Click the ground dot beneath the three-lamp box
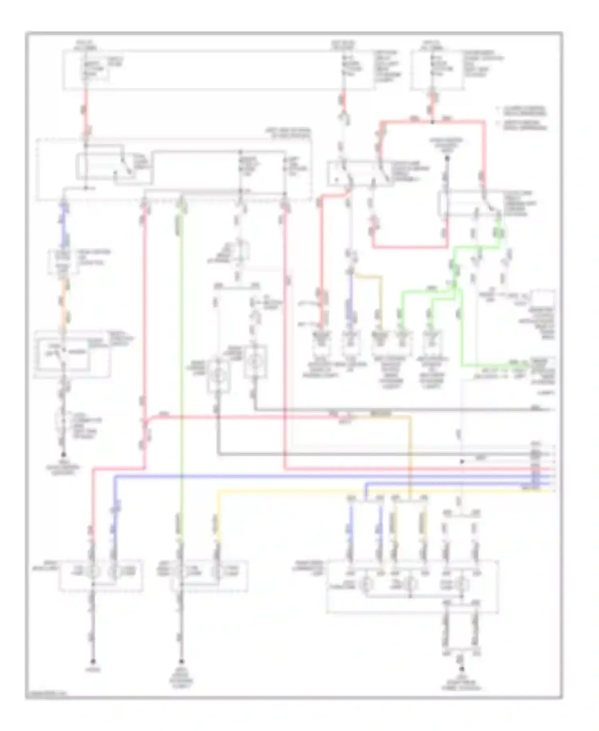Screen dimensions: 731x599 [462, 669]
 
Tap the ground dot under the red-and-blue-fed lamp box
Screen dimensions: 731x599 [93, 661]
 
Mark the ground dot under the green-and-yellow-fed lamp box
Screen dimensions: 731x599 [182, 661]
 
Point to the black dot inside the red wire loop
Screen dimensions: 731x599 [447, 159]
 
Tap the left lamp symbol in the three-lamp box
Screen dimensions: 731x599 [365, 585]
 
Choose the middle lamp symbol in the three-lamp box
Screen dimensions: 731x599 [411, 585]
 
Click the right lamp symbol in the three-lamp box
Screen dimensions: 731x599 [462, 585]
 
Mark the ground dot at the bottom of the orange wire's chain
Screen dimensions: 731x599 [63, 455]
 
